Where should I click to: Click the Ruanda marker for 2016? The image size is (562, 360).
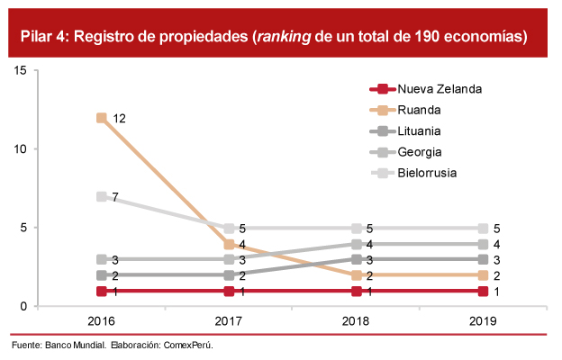(102, 118)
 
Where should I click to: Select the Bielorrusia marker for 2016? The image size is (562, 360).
(102, 196)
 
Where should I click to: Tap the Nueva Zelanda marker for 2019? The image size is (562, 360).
(485, 291)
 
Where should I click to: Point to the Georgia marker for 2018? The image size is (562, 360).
(357, 244)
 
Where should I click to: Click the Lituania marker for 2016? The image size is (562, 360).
(102, 275)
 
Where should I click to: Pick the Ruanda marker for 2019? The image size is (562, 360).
(485, 275)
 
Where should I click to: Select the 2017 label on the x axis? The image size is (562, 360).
(229, 321)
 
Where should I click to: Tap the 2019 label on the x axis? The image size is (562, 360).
(485, 321)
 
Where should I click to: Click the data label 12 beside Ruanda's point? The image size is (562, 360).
(119, 118)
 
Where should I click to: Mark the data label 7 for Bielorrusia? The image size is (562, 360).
(115, 196)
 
